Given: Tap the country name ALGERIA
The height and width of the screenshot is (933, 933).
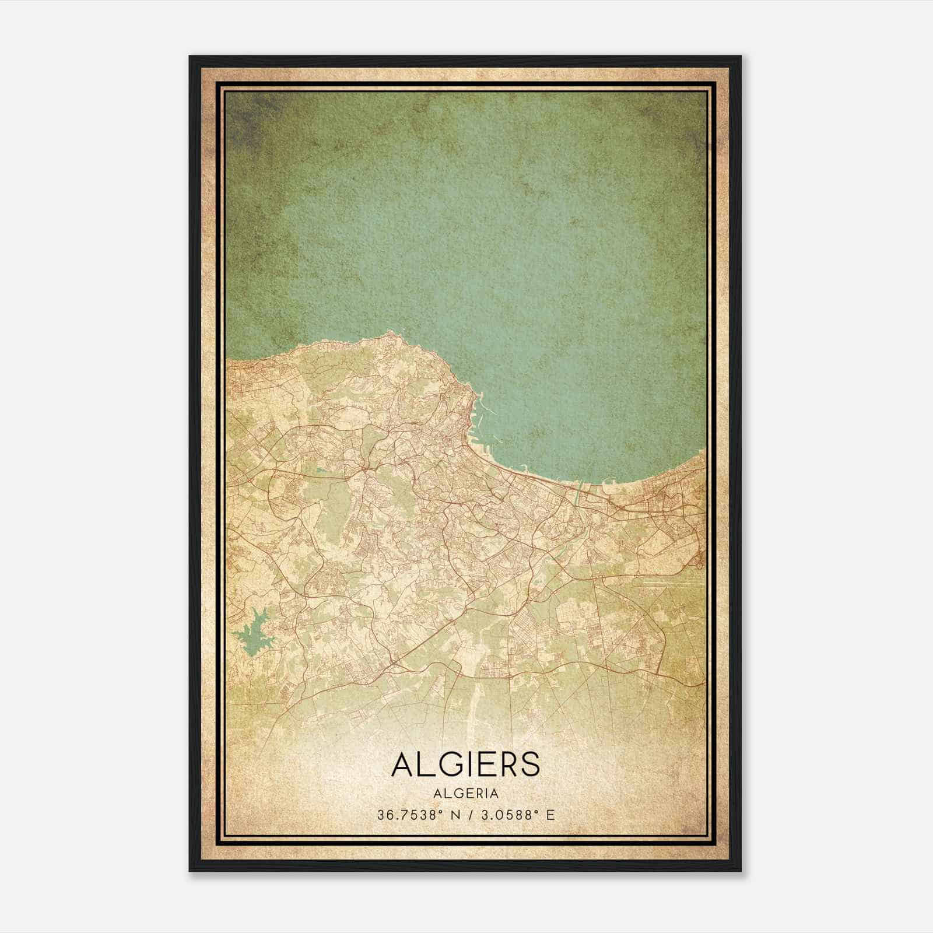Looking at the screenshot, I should pos(466,794).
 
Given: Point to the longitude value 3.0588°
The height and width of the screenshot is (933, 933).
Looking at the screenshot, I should pos(507,815).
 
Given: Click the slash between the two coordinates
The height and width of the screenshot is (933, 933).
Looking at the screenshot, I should pos(470,815).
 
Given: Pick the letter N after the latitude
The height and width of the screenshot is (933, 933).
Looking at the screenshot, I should pos(454,815).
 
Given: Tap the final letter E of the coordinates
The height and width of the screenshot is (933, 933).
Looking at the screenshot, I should pos(550,815).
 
